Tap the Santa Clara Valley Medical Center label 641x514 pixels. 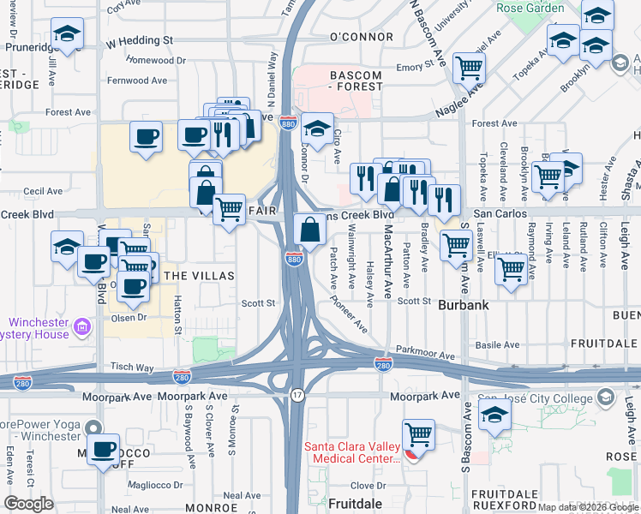coord(351,452)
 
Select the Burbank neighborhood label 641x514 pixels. coord(464,304)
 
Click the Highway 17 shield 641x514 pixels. coord(297,395)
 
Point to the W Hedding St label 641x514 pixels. coord(139,40)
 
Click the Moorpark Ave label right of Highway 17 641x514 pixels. coord(425,397)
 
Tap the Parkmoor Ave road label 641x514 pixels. coord(425,353)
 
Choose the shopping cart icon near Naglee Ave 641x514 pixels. coord(469,68)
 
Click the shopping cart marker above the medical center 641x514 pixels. coord(418,435)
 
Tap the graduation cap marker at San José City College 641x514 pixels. coord(495,417)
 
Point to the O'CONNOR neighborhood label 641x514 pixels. coord(360,38)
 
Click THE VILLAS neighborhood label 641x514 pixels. coord(198,275)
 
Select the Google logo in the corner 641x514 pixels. coord(29,503)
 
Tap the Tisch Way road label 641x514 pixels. coord(131,367)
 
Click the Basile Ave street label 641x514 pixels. coord(498,345)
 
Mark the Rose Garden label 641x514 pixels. coord(530,9)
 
